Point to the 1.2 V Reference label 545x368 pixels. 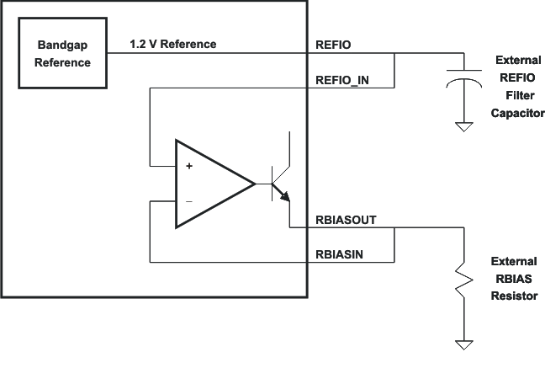click(x=174, y=43)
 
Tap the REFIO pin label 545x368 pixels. click(x=332, y=44)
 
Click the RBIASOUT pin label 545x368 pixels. click(x=346, y=219)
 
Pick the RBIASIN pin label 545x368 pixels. click(x=340, y=253)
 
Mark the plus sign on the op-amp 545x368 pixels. click(x=189, y=166)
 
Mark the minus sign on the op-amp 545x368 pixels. click(x=188, y=202)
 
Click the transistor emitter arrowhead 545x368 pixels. click(x=286, y=198)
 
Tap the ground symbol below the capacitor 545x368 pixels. click(x=463, y=126)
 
